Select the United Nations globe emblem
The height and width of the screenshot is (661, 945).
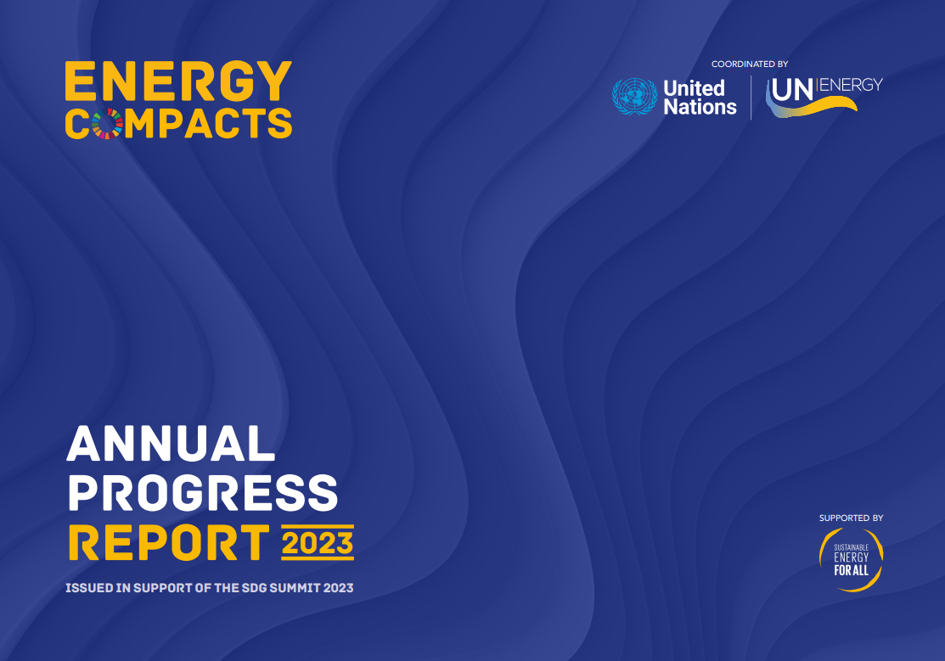click(x=634, y=97)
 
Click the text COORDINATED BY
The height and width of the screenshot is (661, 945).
click(x=750, y=64)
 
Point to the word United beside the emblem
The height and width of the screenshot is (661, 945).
click(x=694, y=88)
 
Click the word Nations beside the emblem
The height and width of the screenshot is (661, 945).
click(x=700, y=108)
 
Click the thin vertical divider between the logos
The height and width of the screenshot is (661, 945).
click(x=751, y=98)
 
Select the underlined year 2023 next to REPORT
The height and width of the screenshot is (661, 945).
click(x=317, y=542)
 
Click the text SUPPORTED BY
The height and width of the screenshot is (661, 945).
click(x=851, y=518)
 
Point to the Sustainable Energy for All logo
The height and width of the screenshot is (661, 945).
click(x=851, y=559)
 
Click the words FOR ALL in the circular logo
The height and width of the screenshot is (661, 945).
click(x=851, y=570)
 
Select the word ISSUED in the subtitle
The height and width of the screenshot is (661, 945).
click(x=89, y=587)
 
